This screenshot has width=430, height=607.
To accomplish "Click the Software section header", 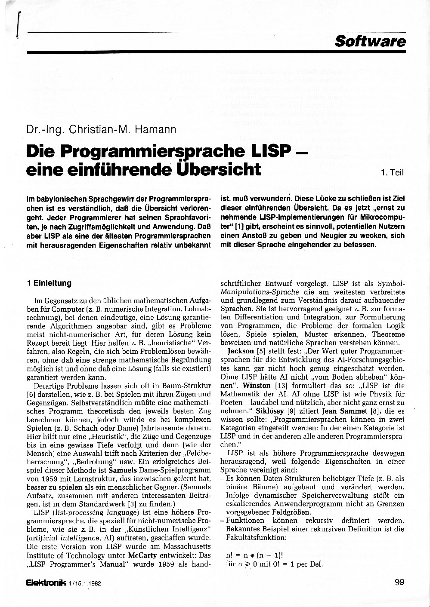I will pyautogui.click(x=370, y=41).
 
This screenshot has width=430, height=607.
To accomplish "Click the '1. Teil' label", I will pyautogui.click(x=392, y=173).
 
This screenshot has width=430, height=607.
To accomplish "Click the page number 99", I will pyautogui.click(x=399, y=582).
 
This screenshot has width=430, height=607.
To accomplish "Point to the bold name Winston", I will pyautogui.click(x=257, y=385).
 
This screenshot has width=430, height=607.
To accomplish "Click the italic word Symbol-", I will pyautogui.click(x=391, y=284).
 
